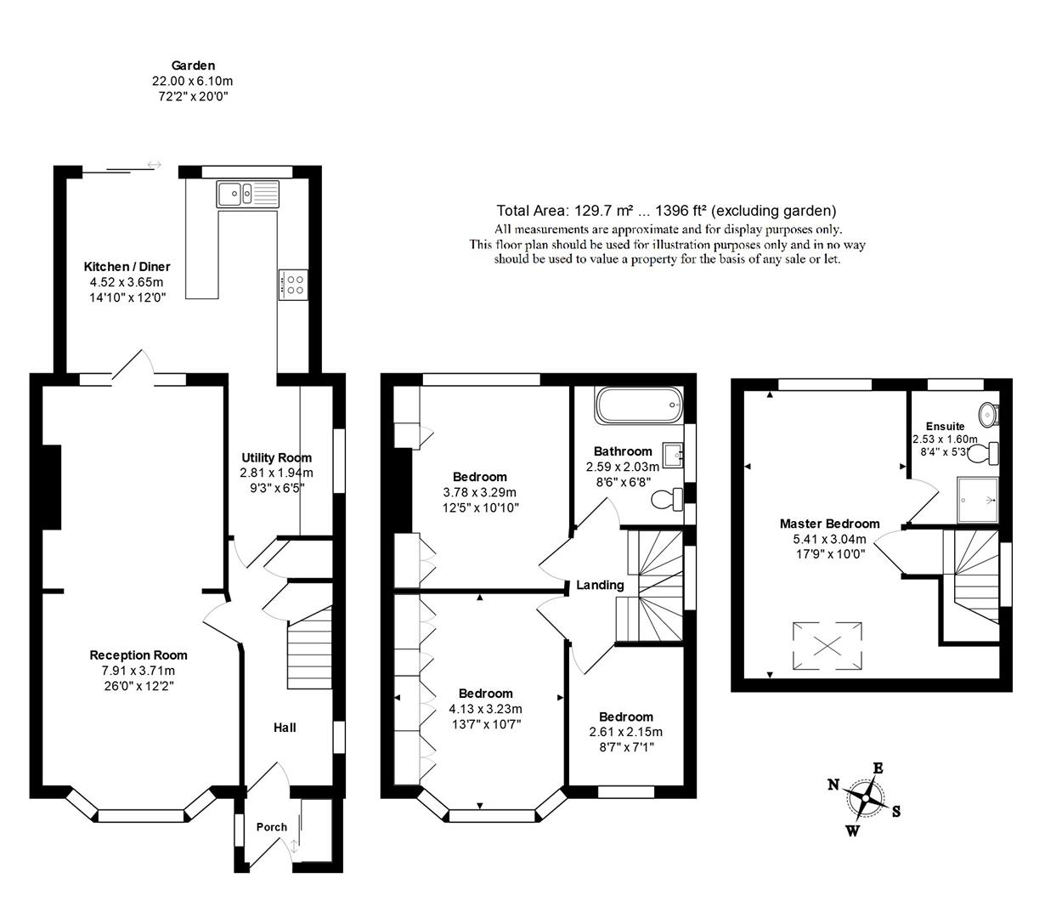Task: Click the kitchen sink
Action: (x=247, y=194)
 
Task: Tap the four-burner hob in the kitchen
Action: (x=293, y=285)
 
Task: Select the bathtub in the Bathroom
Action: (x=639, y=405)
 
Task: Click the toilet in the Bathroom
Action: (x=668, y=499)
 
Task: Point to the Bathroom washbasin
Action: (x=673, y=455)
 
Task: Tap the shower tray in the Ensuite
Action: (x=977, y=500)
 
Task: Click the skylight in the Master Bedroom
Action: (x=827, y=645)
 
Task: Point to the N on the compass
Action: (x=833, y=785)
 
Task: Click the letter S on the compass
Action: (x=896, y=812)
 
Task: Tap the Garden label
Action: (x=193, y=65)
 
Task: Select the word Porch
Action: (x=271, y=827)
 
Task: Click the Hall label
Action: (x=285, y=728)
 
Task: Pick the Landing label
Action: (x=600, y=585)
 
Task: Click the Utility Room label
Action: (x=276, y=457)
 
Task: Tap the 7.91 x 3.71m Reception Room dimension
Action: (x=138, y=671)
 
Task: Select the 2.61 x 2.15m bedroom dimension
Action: (x=625, y=732)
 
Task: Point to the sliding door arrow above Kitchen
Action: (x=155, y=165)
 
